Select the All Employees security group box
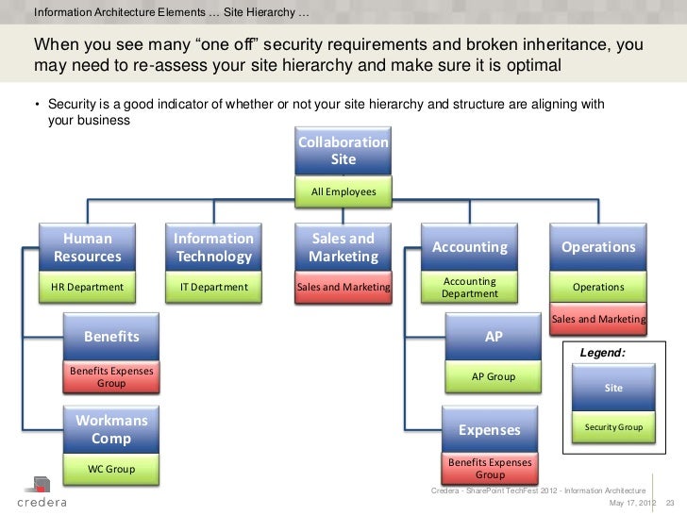[343, 192]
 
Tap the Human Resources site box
[87, 247]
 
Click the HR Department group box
[87, 287]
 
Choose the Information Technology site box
[214, 247]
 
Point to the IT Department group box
[214, 287]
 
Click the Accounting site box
[469, 247]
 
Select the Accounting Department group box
[469, 287]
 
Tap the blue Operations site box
[598, 247]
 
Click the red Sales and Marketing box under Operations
[598, 320]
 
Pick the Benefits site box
[111, 337]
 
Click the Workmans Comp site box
[111, 429]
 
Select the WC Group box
[111, 469]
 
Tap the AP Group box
[494, 377]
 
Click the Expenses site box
[489, 430]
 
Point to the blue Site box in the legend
[613, 388]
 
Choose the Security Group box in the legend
[613, 427]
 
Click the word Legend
[602, 352]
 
